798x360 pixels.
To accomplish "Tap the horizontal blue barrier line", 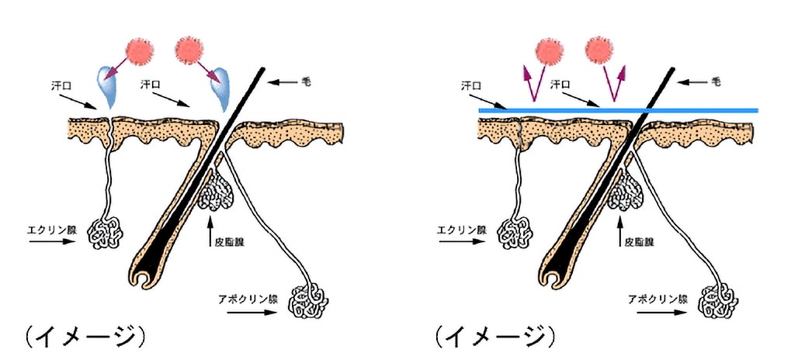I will click(x=617, y=111).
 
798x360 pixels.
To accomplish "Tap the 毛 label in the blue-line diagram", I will click(x=715, y=80).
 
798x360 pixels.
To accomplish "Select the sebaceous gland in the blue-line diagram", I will click(x=626, y=191).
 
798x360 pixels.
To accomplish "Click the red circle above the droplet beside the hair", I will click(x=189, y=50).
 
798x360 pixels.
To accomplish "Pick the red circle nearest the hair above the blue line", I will click(x=599, y=50).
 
